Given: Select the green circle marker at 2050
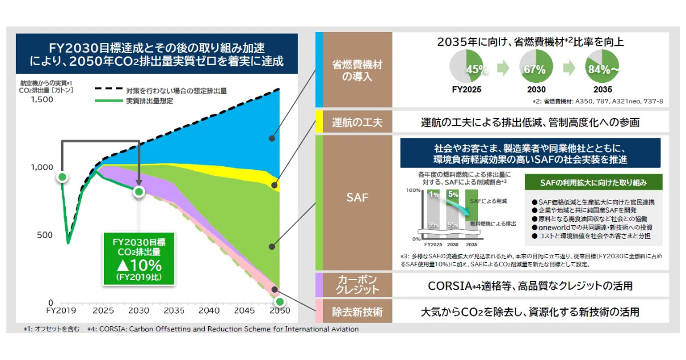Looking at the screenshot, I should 280,301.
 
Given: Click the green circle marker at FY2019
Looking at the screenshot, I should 62,177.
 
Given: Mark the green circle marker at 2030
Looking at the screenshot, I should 138,191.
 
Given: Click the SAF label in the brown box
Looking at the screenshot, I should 358,198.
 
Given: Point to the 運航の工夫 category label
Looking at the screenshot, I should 358,122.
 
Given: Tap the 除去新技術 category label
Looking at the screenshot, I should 358,312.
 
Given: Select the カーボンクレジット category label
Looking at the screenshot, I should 358,284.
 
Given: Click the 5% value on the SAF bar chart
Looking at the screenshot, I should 453,194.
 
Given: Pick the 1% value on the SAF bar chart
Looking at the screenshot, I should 434,194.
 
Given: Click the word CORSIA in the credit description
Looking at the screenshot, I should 450,285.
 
